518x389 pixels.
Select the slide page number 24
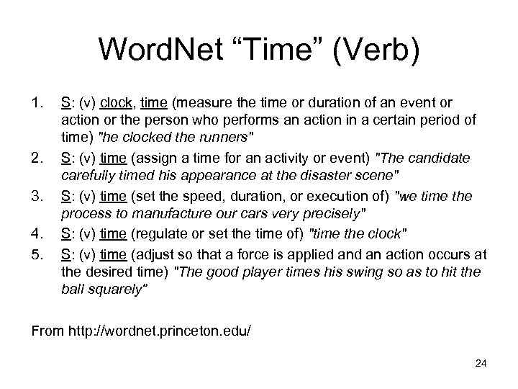[x=481, y=363]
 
